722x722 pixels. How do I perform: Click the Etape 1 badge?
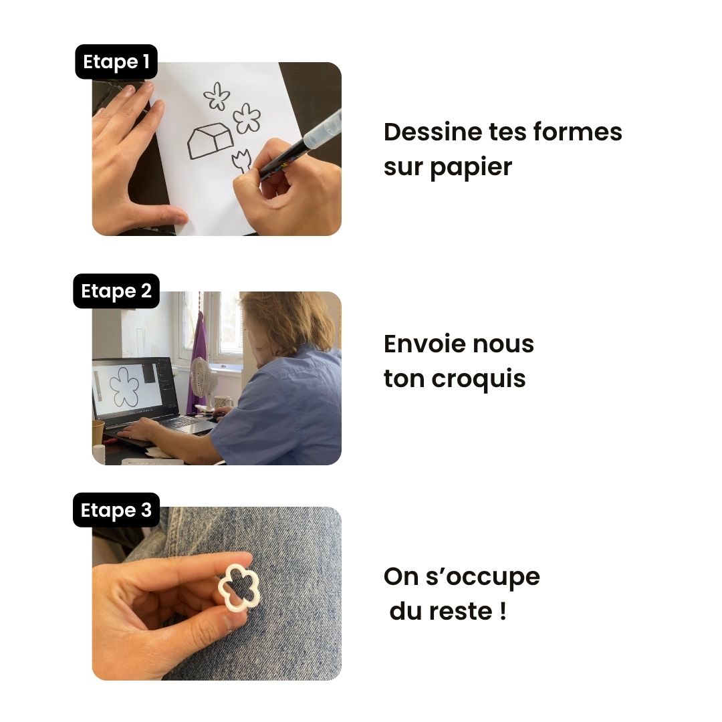coord(116,62)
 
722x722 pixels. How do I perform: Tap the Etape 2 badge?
coord(116,291)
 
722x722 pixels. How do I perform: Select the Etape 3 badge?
coord(116,511)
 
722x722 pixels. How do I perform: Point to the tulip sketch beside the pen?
coord(241,161)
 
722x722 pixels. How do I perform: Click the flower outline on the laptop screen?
coord(124,387)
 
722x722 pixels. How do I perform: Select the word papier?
coord(471,167)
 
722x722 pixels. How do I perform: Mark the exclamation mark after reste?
coord(502,612)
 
